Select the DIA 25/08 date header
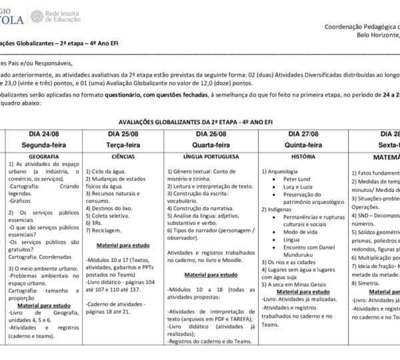point(123,134)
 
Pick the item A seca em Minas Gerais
point(300,283)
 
